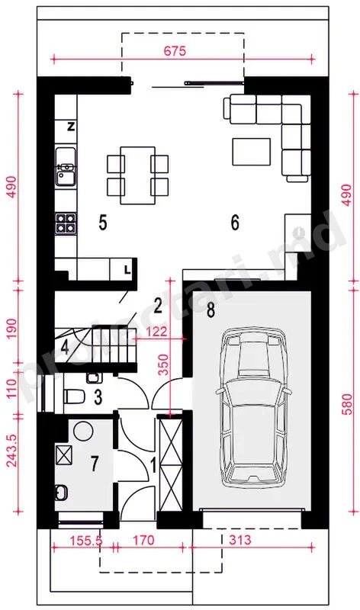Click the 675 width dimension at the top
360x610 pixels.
click(x=175, y=51)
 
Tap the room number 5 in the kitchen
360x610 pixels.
click(x=103, y=223)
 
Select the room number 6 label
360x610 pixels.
click(x=235, y=223)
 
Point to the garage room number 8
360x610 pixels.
click(x=211, y=310)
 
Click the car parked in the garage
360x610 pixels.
click(x=252, y=407)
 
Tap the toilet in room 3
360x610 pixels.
click(x=74, y=396)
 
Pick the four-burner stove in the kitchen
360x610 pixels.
click(x=66, y=223)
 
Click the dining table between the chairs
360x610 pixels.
click(x=138, y=175)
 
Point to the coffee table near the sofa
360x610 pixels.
click(x=252, y=151)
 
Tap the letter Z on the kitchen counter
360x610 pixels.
click(x=71, y=127)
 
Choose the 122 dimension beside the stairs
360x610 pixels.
click(x=157, y=332)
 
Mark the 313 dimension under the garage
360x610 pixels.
click(x=240, y=540)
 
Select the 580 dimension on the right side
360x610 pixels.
click(x=347, y=405)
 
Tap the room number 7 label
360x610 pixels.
click(x=95, y=464)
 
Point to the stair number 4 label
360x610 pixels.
click(x=65, y=348)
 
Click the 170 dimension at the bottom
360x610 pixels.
click(x=143, y=540)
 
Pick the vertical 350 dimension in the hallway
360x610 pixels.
click(x=164, y=364)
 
